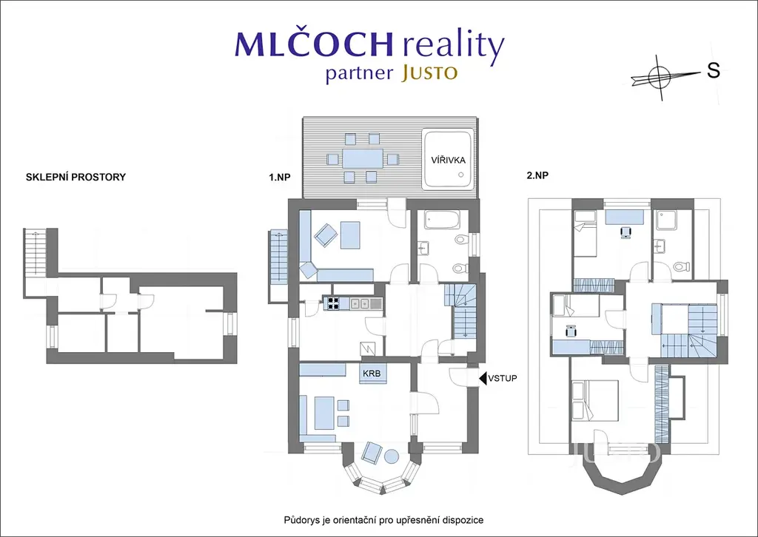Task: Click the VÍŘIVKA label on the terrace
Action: coord(448,160)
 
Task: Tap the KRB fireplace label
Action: coord(372,374)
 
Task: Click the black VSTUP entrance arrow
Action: coord(483,378)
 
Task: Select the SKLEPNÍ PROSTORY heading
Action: coord(76,177)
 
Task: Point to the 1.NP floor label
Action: coord(279,178)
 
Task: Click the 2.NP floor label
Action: coord(537,175)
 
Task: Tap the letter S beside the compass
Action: coord(714,70)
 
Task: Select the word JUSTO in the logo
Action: coord(429,73)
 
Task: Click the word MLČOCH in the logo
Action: coord(314,44)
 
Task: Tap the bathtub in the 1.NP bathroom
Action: coord(442,220)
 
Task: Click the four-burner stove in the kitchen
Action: coord(332,303)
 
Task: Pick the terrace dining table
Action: coord(363,158)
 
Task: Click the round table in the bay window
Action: coord(391,456)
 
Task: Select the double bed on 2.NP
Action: coord(594,400)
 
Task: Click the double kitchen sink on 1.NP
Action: coord(360,303)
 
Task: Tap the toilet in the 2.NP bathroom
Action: coord(681,266)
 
